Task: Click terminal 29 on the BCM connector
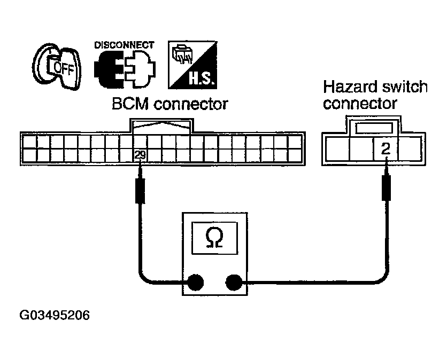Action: (140, 155)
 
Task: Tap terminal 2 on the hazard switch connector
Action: (386, 148)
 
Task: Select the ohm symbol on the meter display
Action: (214, 238)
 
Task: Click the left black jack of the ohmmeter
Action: (195, 282)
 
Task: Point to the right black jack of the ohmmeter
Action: (234, 282)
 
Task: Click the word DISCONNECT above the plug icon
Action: (124, 45)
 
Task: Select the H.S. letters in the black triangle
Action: (201, 79)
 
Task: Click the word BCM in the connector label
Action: (130, 104)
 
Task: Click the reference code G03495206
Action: (55, 315)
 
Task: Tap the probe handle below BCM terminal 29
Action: (140, 191)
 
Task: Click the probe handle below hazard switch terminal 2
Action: (386, 188)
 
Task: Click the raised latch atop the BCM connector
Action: (161, 126)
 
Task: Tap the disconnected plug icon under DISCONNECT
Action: (125, 69)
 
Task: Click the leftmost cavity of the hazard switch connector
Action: (337, 148)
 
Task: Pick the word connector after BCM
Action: (191, 104)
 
